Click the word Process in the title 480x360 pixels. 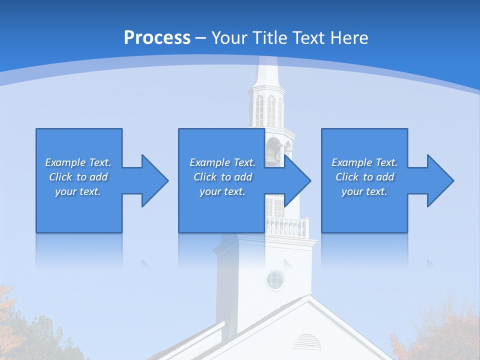[157, 38]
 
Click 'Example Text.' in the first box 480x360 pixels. [78, 162]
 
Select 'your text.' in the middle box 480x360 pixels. [222, 191]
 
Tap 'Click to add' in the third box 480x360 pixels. [364, 177]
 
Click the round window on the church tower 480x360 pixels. [274, 280]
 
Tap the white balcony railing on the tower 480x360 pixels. [287, 227]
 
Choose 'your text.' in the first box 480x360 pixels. [78, 191]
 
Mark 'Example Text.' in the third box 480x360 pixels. [364, 162]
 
